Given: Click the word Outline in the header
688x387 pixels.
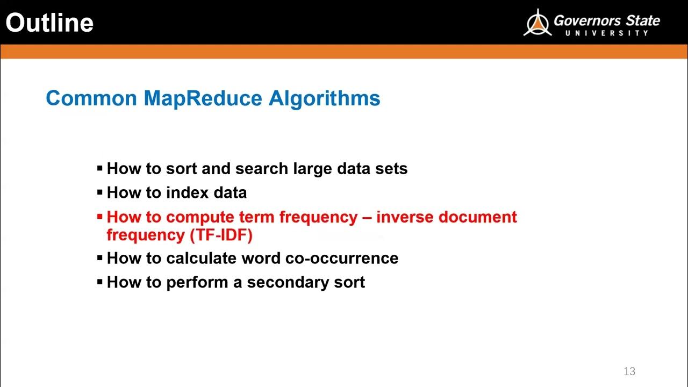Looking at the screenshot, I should [x=49, y=23].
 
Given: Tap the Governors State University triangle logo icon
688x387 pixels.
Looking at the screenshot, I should [x=537, y=23].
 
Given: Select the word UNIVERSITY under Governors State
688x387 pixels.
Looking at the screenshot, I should [x=607, y=33].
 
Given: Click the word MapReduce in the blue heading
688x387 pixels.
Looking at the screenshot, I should [x=203, y=98].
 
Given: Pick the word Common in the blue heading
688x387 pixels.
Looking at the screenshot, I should [x=91, y=98].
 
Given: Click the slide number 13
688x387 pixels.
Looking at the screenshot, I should [x=629, y=371].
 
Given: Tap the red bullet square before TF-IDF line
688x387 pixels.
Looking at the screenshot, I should [x=99, y=217].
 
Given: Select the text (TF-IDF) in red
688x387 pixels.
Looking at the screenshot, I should [x=221, y=235].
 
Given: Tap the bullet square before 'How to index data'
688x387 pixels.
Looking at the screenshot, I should [x=99, y=192].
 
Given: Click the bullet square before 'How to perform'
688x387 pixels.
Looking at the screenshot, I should [x=99, y=282].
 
